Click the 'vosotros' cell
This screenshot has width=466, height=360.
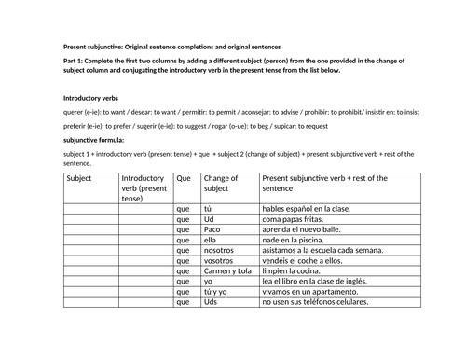coord(220,268)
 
